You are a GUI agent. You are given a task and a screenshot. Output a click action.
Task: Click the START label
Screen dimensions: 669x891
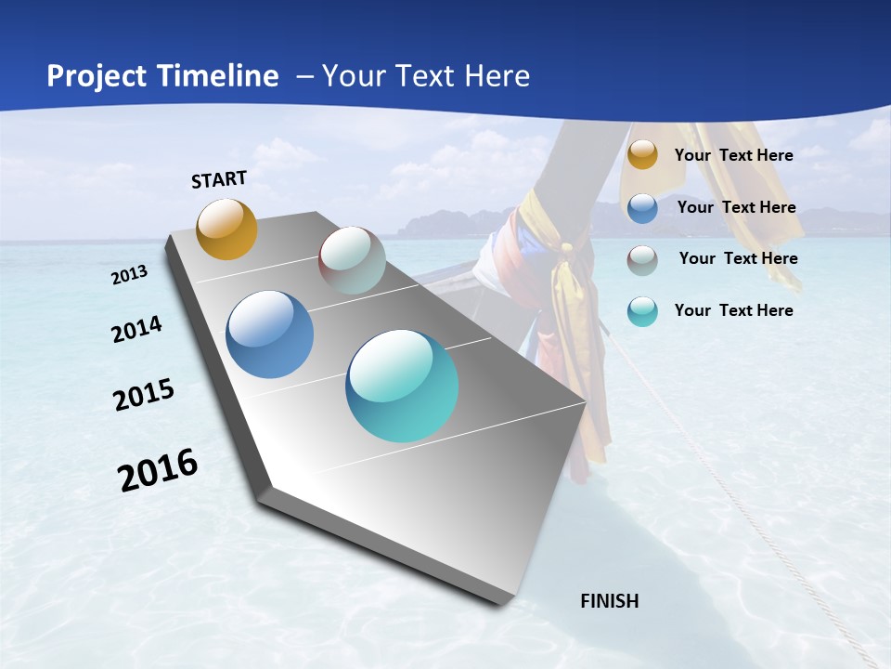click(219, 179)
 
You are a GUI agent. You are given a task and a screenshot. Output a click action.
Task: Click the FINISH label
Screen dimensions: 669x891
click(609, 601)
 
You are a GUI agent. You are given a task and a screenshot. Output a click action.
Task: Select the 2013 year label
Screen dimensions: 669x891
click(130, 275)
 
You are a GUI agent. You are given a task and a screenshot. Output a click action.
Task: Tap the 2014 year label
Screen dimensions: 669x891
click(136, 330)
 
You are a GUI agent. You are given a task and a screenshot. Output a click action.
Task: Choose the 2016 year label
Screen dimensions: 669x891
click(158, 470)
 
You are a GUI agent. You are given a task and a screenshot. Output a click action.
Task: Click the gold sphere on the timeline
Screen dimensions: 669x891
click(226, 229)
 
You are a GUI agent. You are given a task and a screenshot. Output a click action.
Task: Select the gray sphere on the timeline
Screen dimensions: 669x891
click(352, 260)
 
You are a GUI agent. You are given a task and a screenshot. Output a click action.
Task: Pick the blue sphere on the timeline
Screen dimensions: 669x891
click(270, 334)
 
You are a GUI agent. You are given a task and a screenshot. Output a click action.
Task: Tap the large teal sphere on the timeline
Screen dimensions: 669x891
click(402, 386)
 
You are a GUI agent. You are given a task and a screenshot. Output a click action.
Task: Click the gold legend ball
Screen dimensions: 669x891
click(642, 155)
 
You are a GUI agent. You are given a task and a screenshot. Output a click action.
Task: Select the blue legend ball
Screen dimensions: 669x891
click(642, 208)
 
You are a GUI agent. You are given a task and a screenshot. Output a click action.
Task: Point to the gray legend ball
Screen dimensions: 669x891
click(642, 259)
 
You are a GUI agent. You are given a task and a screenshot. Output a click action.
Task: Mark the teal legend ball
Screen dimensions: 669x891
click(642, 311)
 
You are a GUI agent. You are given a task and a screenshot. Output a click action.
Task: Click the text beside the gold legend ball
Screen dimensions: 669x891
click(733, 155)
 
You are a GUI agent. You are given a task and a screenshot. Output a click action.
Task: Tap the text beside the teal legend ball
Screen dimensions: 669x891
click(733, 310)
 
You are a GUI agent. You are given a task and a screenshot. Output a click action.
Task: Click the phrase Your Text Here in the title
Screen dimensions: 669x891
click(426, 76)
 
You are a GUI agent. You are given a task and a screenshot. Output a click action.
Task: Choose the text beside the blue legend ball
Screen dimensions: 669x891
click(736, 207)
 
